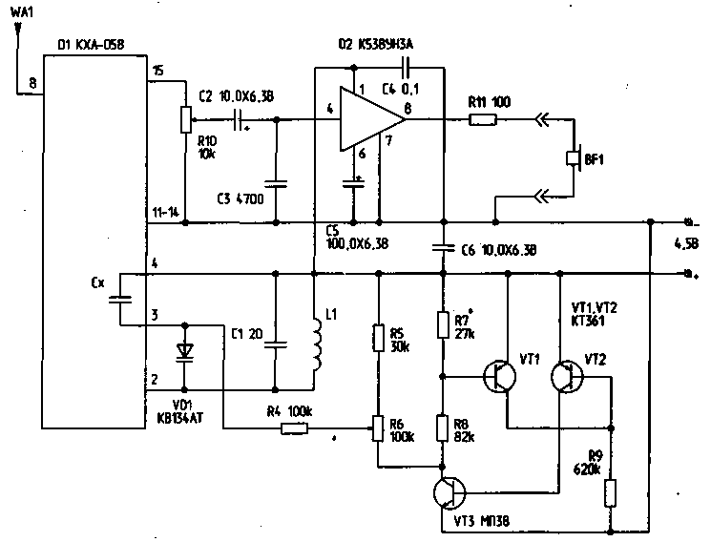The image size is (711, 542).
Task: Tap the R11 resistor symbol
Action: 483,119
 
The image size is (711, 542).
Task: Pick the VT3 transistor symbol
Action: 448,493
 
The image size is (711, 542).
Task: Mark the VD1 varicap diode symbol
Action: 186,353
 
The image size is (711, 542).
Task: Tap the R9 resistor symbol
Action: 612,492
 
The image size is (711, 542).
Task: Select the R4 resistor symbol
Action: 295,428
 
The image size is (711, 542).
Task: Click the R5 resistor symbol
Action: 378,336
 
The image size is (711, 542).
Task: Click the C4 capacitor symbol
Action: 407,69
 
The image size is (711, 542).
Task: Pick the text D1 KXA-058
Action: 91,44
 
